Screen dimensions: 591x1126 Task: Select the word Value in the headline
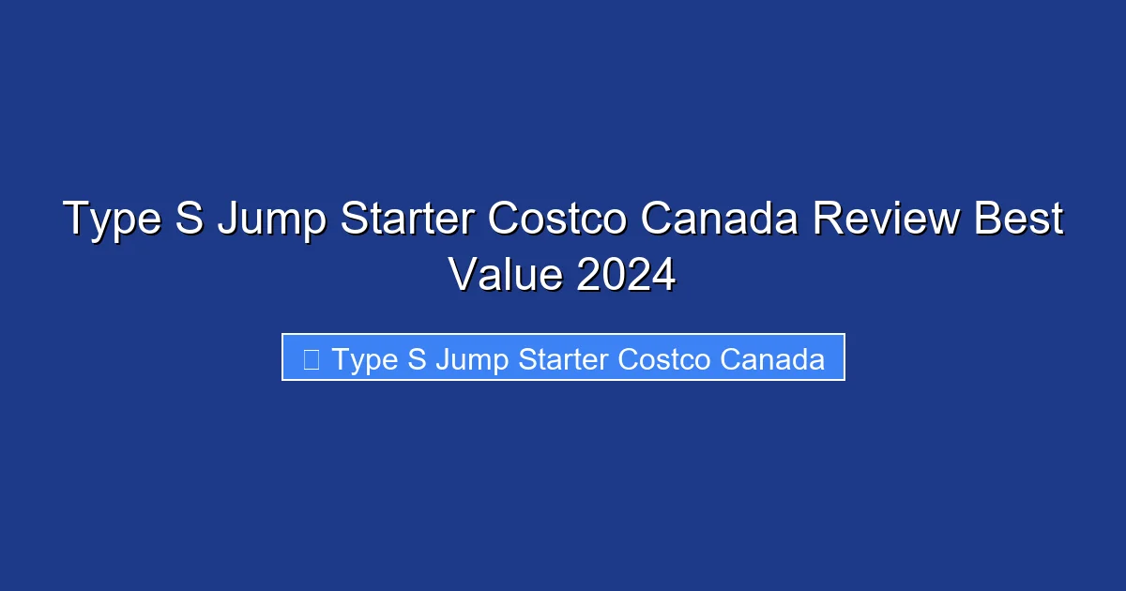(x=505, y=274)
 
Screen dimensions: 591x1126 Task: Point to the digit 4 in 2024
(x=662, y=274)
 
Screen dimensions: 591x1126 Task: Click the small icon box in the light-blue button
(x=312, y=358)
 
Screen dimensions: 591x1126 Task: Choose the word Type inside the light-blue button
(x=366, y=359)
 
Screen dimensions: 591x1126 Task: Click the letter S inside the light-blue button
(x=417, y=358)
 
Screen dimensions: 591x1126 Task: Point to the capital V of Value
(x=464, y=274)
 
